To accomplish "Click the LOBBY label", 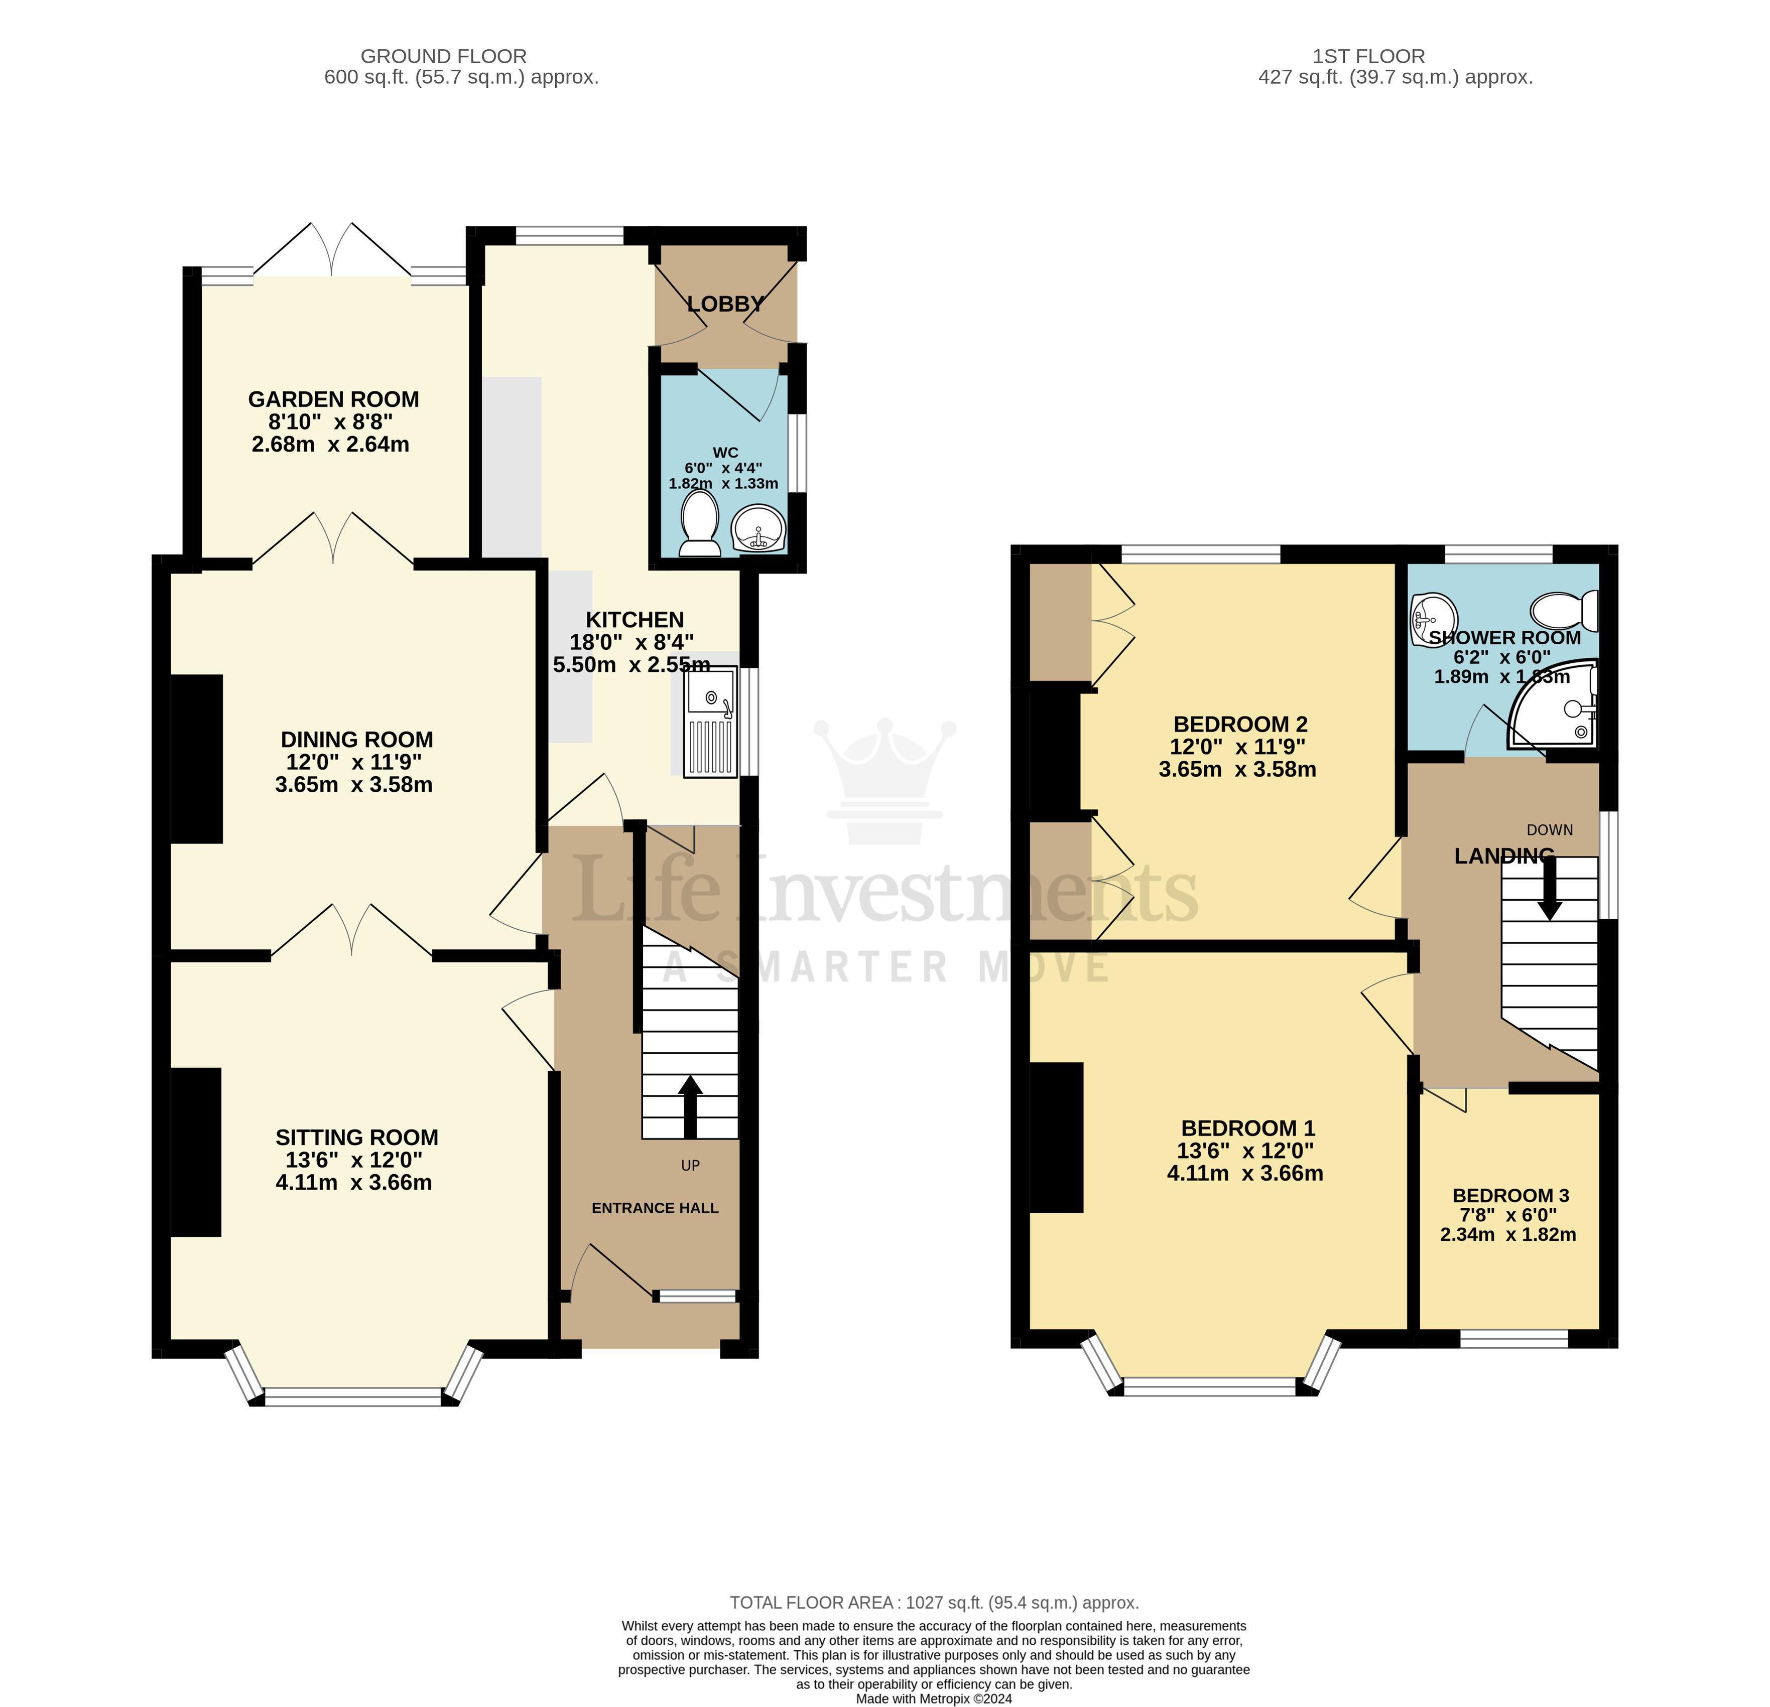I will coord(725,304).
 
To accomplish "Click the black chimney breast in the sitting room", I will coord(196,1152).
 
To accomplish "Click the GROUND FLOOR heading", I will coord(443,56).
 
